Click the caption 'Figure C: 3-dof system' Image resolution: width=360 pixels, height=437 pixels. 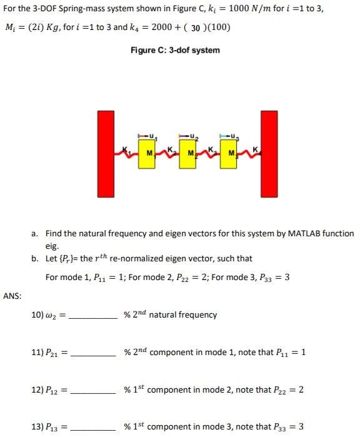[x=175, y=50]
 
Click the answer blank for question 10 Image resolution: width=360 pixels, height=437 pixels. [x=92, y=316]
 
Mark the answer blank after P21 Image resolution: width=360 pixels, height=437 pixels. [x=92, y=354]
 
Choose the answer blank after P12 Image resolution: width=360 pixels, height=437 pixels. [x=92, y=391]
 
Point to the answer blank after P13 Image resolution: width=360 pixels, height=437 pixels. [x=92, y=429]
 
